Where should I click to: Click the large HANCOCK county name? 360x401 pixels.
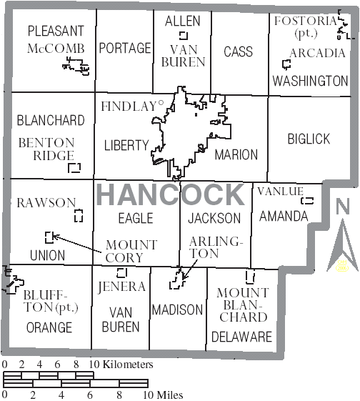pos(170,194)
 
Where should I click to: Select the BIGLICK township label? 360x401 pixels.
pos(309,139)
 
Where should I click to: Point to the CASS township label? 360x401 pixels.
pos(238,51)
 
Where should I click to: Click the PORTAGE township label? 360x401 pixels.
pos(125,48)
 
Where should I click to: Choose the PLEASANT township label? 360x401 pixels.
pos(56,31)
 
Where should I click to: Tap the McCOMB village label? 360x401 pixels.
pos(56,49)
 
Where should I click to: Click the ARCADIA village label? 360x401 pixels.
pos(317,53)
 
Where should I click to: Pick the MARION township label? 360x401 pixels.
pos(236,154)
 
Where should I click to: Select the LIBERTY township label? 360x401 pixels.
pos(126,145)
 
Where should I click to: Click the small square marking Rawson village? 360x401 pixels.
pos(79,215)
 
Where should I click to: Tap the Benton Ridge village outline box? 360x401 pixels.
pos(74,168)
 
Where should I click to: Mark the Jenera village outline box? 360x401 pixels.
pos(121,272)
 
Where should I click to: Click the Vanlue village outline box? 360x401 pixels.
pos(308,201)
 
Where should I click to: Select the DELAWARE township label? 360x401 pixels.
pos(241,337)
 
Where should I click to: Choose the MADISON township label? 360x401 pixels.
pos(177,310)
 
